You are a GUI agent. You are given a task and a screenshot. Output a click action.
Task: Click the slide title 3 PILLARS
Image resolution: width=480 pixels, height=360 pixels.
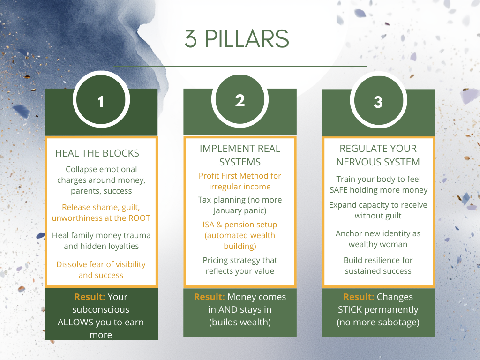tap(236, 39)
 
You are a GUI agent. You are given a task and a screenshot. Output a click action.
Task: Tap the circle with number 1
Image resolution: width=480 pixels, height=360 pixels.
tap(101, 101)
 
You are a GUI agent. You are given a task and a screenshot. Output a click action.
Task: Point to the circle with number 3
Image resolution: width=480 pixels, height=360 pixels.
tap(378, 102)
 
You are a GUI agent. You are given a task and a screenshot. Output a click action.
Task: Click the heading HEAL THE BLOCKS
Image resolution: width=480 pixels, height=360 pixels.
tap(97, 153)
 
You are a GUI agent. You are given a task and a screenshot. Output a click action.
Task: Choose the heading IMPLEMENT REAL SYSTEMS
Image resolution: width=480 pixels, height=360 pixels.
tap(240, 155)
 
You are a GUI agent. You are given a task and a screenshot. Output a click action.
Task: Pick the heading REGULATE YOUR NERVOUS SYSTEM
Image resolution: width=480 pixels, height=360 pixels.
tap(378, 155)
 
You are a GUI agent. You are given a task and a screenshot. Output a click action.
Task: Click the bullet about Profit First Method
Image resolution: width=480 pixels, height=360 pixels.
tap(240, 181)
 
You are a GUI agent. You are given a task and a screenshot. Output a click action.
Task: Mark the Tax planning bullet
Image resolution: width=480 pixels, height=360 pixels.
tap(240, 205)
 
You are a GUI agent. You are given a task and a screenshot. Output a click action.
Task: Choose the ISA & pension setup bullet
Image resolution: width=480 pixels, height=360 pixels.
tap(240, 235)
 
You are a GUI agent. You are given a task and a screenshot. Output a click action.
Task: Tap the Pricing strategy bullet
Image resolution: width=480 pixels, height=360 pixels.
tap(240, 265)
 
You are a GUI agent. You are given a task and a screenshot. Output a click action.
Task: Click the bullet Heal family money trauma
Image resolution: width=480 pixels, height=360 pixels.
tap(101, 240)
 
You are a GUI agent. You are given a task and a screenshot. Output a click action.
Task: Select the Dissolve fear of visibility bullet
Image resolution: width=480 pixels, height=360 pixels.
tap(101, 270)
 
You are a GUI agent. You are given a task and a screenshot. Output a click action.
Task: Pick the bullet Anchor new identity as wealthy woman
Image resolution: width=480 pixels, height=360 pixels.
tap(378, 239)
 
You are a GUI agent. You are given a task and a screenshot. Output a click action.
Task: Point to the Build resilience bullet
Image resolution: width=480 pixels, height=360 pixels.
tap(378, 265)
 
